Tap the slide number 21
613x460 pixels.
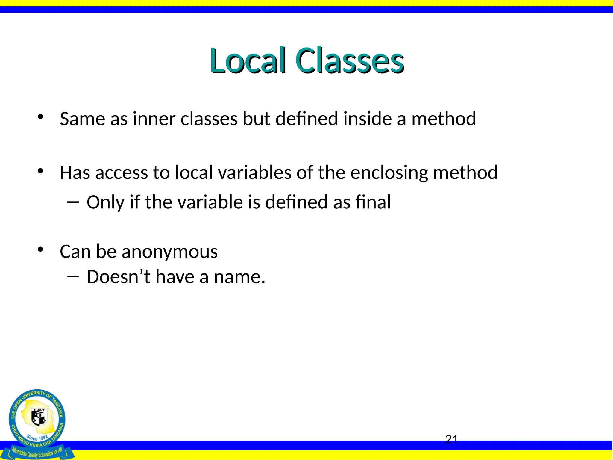tap(451, 439)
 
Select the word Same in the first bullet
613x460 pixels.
tap(82, 119)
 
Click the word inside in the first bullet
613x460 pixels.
tap(367, 119)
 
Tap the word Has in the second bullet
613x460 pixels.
tap(75, 173)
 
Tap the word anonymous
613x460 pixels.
tap(169, 252)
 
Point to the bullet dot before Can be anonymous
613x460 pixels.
tap(40, 249)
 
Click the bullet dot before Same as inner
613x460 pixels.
tap(40, 117)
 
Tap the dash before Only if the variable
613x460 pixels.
tap(73, 202)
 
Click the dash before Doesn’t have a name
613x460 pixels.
tap(73, 276)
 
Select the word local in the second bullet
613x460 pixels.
tap(194, 173)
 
